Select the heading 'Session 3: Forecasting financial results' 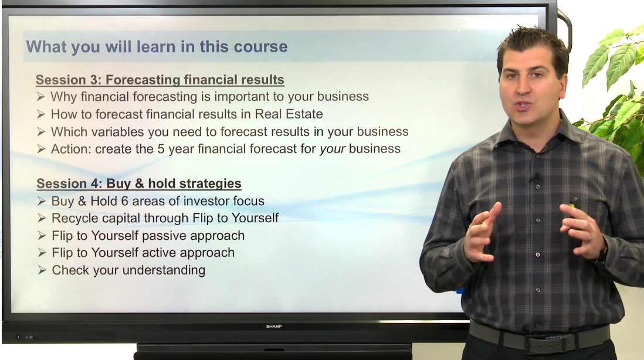[x=160, y=80]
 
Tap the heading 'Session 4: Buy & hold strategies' [x=139, y=183]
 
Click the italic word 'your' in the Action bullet [x=333, y=149]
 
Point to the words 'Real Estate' [x=289, y=114]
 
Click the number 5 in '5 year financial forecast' [x=161, y=148]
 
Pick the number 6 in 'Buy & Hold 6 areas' [x=124, y=201]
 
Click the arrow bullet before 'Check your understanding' [x=42, y=270]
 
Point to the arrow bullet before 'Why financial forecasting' [x=40, y=97]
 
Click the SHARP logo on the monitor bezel [x=274, y=327]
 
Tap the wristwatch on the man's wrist [x=602, y=254]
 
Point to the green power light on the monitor [x=18, y=337]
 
